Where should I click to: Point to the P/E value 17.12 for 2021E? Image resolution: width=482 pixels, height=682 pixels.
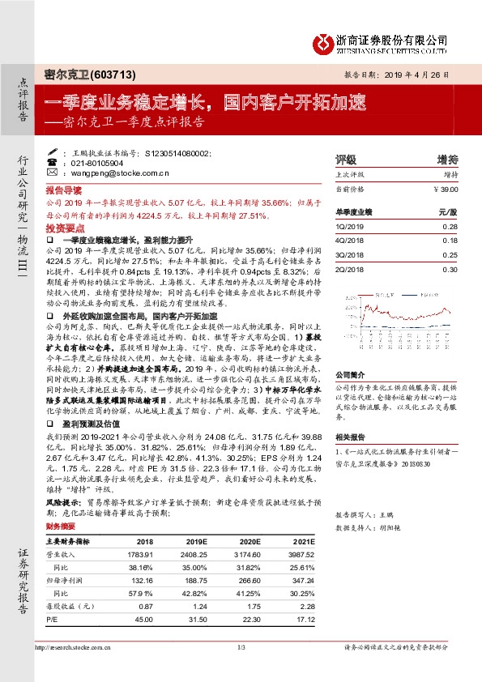tap(301, 620)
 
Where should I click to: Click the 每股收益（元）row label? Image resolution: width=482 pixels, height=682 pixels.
tap(70, 607)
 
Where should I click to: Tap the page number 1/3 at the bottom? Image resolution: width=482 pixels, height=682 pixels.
tap(241, 647)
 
